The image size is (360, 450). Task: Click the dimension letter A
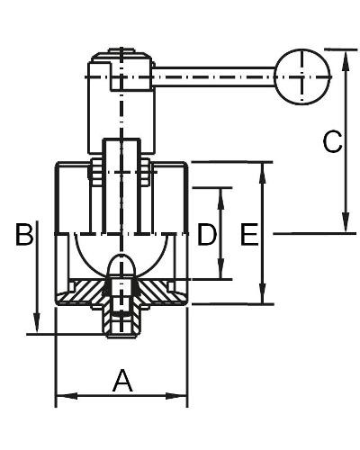point(122,381)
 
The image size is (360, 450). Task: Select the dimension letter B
point(24,234)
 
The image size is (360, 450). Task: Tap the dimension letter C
point(332,141)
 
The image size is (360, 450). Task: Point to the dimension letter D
point(207,234)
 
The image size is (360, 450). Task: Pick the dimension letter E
point(249,234)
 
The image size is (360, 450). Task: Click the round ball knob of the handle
point(302,76)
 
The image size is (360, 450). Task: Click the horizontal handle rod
point(214,77)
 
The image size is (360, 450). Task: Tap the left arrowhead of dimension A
point(67,396)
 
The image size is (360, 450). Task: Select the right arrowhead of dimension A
point(177,396)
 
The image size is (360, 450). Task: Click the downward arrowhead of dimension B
point(37,322)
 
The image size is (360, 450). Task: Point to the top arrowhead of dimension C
point(346,61)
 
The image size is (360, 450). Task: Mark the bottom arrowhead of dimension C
point(346,221)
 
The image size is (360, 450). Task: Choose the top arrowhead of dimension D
point(220,199)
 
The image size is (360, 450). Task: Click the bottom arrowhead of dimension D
point(220,268)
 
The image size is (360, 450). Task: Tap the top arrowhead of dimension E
point(263,173)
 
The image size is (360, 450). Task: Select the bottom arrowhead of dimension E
point(263,293)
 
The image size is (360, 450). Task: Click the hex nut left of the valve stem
point(95,172)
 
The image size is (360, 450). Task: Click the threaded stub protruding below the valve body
point(121,321)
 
